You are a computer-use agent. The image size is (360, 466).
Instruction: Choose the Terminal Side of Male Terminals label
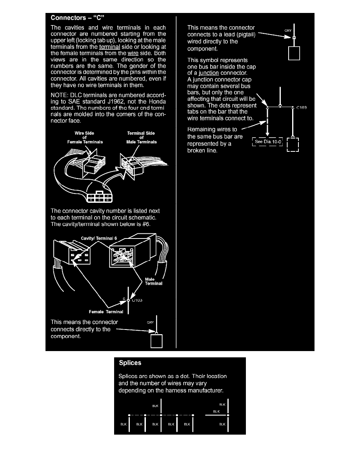(136, 138)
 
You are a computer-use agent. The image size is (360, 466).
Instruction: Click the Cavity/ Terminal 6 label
(99, 238)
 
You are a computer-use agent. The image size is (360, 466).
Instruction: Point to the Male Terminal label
(153, 281)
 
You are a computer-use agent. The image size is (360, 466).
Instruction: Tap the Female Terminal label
(106, 312)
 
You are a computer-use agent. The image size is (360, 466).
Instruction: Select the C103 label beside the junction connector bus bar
(301, 107)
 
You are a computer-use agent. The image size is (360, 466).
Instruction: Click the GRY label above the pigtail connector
(288, 30)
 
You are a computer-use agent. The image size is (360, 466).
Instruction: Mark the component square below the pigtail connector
(294, 53)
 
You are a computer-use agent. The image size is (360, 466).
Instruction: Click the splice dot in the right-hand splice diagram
(228, 415)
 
